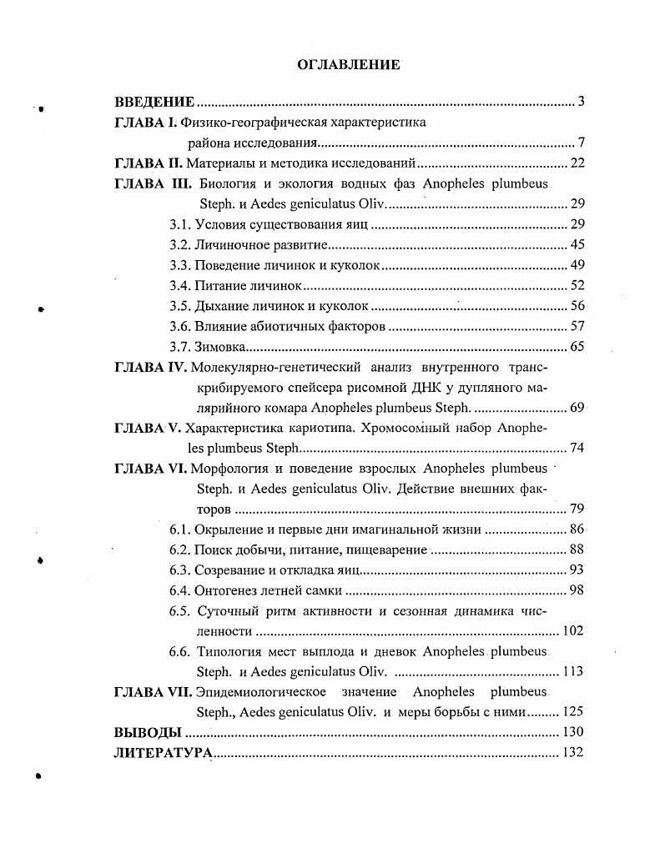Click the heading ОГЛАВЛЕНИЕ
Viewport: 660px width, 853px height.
click(x=349, y=65)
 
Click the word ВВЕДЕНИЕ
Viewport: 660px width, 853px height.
click(x=154, y=103)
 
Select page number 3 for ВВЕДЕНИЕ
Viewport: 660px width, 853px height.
click(x=581, y=103)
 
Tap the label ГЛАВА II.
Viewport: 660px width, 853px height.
click(x=147, y=163)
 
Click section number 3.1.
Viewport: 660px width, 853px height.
click(x=180, y=224)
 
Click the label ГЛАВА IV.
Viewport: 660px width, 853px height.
click(x=150, y=367)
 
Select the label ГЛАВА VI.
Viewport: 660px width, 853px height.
click(x=150, y=469)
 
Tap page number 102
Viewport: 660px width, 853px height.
click(x=573, y=631)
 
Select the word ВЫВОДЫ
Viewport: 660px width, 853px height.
click(x=148, y=733)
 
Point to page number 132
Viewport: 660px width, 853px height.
click(x=573, y=753)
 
